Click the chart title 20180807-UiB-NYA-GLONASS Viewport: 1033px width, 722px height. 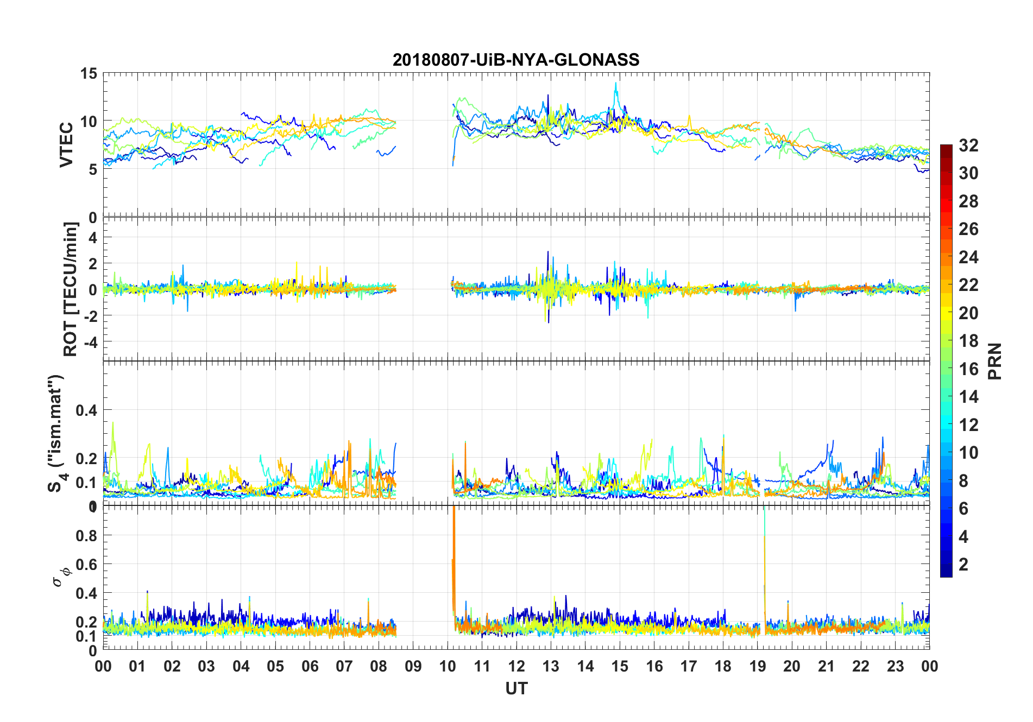(516, 60)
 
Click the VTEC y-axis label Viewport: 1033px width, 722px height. (66, 145)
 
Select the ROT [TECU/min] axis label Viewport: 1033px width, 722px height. (71, 289)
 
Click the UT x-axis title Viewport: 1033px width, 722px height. (516, 689)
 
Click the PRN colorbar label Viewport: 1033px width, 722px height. (994, 361)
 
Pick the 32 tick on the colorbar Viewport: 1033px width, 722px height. (968, 145)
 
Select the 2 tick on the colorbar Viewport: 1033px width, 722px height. (963, 565)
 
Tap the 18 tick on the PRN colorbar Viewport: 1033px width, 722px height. (968, 341)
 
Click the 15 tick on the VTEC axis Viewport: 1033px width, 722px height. (89, 74)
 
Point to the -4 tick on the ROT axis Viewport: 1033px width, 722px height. (91, 342)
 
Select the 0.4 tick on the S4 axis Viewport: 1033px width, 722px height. (86, 410)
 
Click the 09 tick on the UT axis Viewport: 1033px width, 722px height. (413, 666)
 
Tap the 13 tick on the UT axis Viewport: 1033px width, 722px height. (551, 666)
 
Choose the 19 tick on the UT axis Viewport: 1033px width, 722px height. (757, 666)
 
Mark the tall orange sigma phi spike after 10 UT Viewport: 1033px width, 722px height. (453, 543)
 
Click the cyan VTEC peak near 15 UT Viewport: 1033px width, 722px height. (616, 85)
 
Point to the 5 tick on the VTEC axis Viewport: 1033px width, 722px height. (92, 169)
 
